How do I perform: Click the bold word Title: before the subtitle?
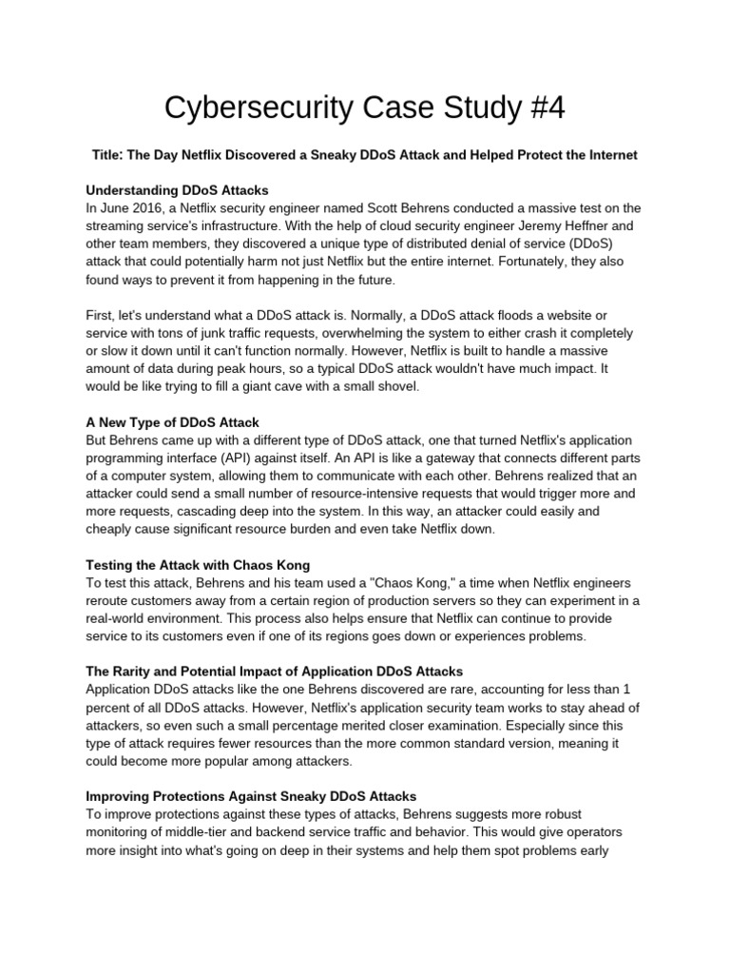click(108, 154)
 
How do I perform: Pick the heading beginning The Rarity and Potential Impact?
click(274, 672)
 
